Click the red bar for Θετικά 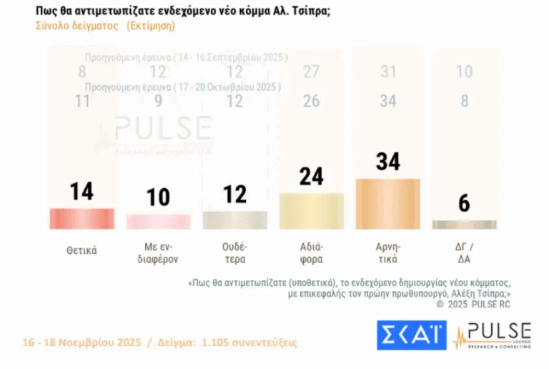[x=81, y=218]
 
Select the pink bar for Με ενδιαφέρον [x=159, y=221]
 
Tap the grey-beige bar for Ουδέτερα [x=234, y=220]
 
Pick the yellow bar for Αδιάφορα [x=311, y=211]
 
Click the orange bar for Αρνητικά [x=387, y=204]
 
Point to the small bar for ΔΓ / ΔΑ [x=464, y=225]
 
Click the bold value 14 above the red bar [x=81, y=192]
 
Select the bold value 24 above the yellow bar [x=311, y=177]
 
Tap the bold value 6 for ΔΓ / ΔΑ [x=464, y=204]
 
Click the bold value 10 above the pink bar [x=159, y=197]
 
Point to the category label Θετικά [x=81, y=250]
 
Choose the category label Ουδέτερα [x=234, y=255]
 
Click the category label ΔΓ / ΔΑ [x=464, y=255]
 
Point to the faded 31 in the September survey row [x=388, y=72]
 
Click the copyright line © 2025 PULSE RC [x=473, y=304]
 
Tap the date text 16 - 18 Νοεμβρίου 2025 [x=81, y=342]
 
